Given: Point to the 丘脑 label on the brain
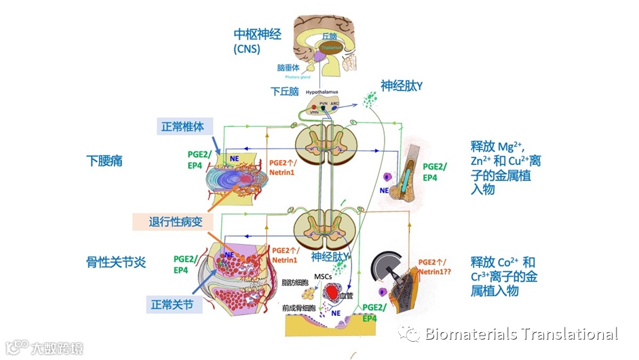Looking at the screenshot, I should [x=329, y=36].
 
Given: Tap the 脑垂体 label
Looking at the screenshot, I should [x=288, y=68].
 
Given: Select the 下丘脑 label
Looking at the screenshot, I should [x=284, y=91].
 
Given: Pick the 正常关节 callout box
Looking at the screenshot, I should [x=176, y=304].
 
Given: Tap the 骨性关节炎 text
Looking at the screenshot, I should [x=117, y=262].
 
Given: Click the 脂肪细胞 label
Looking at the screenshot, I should [x=294, y=282].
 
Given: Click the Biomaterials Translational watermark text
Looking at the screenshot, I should [x=521, y=334].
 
